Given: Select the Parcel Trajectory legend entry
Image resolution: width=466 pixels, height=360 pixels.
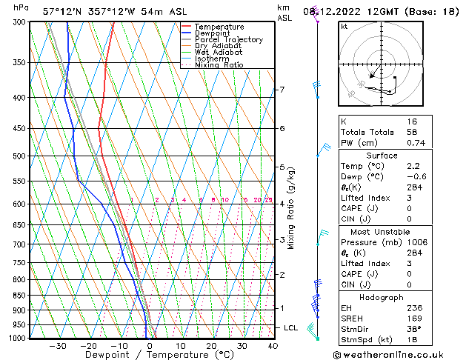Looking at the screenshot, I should click(228, 40).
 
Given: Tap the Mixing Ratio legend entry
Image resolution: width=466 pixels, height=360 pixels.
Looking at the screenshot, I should click(219, 65).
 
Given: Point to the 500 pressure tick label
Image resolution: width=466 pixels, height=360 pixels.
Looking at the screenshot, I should click(21, 156).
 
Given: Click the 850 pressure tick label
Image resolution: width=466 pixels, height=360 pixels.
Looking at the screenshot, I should click(21, 296).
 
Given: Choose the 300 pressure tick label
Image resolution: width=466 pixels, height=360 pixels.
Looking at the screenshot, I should click(21, 22).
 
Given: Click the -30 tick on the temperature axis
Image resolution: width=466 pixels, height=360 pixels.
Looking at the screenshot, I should click(58, 346).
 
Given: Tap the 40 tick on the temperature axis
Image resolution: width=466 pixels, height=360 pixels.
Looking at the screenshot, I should click(273, 346).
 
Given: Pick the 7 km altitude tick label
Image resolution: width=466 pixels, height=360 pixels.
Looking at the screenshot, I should click(282, 90).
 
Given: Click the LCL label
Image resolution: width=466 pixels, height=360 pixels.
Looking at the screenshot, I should click(291, 327).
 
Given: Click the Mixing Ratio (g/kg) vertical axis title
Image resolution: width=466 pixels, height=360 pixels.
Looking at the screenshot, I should click(292, 208).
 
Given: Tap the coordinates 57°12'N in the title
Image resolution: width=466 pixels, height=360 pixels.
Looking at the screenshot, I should click(61, 12).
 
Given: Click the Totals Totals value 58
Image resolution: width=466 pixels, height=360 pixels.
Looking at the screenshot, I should click(412, 132).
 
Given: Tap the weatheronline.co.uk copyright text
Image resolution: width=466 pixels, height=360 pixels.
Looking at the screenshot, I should click(398, 354).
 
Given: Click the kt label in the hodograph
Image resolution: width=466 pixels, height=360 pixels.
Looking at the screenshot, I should click(344, 27).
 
